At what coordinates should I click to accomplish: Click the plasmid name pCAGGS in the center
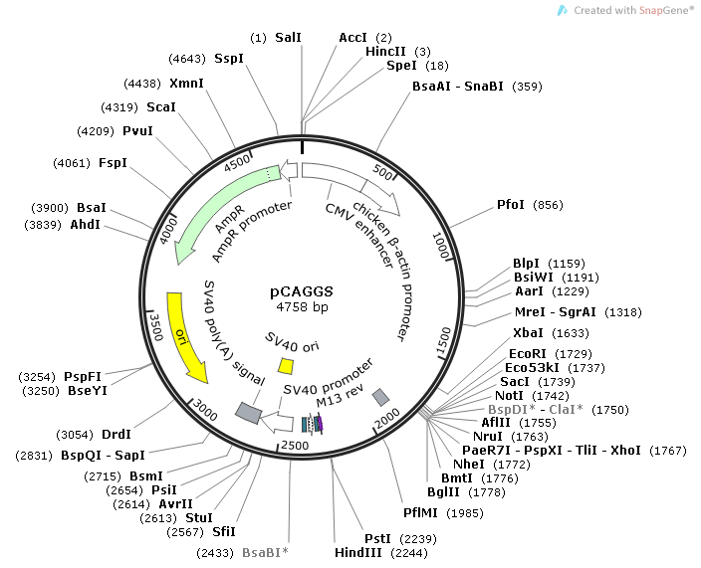tap(302, 292)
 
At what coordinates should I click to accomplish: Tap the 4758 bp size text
tap(302, 307)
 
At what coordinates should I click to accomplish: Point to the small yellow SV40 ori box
tap(285, 365)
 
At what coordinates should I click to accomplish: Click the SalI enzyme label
tap(288, 37)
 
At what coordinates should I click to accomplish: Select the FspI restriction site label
tap(113, 162)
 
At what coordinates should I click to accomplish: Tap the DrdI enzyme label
tap(117, 434)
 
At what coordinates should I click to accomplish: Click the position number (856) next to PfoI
tap(548, 205)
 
